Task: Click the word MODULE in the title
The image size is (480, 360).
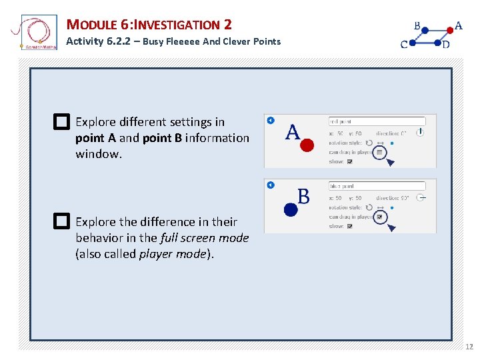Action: [93, 25]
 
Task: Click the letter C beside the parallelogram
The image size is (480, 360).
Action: [404, 45]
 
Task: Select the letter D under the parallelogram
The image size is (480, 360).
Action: [445, 45]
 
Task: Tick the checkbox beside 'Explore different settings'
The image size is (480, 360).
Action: [61, 122]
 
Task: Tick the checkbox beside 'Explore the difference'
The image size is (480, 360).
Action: [61, 221]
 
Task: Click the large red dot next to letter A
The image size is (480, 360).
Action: [307, 145]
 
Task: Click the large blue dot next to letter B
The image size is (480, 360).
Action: [291, 209]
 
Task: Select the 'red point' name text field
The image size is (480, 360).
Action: [377, 121]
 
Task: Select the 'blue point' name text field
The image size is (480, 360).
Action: [377, 186]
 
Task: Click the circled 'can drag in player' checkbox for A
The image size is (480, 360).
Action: [379, 152]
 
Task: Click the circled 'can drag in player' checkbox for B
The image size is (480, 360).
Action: [379, 217]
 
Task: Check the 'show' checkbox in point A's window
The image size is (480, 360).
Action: [350, 161]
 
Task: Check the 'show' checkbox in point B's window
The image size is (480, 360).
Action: [350, 226]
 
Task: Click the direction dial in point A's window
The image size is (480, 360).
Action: [420, 133]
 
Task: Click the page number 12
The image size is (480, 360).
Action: [469, 347]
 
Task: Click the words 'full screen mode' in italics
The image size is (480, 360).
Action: [205, 238]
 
